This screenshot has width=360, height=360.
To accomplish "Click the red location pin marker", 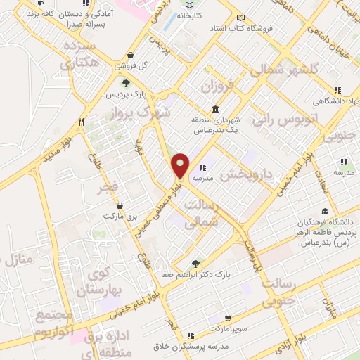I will (x=181, y=165).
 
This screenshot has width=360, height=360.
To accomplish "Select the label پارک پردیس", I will (x=124, y=94).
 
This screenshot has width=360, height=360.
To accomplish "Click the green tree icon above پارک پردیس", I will (x=126, y=83).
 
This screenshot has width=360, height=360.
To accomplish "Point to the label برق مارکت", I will (x=120, y=215).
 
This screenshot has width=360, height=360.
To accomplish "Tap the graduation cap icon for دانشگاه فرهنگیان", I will (x=324, y=211).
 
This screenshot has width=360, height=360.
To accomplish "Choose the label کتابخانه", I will (x=191, y=14).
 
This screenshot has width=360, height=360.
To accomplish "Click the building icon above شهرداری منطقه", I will (x=214, y=110).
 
